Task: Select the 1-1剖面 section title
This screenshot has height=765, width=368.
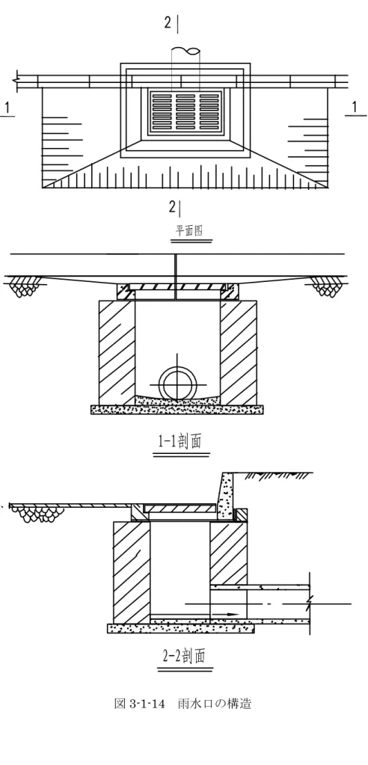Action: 180,441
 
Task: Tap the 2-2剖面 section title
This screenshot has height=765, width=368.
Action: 183,656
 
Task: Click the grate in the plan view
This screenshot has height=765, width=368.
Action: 185,110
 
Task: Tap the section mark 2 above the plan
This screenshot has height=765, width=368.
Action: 168,23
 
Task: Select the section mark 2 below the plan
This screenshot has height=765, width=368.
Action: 172,207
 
